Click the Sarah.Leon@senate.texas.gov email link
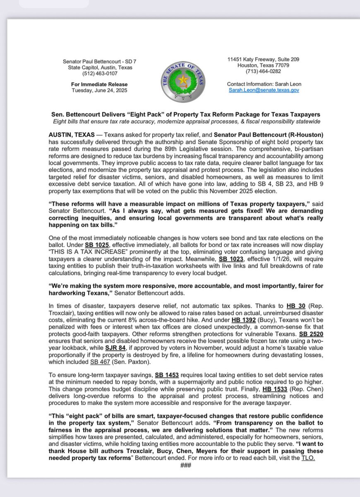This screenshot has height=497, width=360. (264, 89)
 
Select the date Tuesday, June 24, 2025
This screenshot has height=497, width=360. (99, 90)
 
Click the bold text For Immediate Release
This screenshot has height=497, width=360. (99, 84)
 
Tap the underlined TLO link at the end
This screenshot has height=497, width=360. (307, 458)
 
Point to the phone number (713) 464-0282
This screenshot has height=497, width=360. (264, 71)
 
